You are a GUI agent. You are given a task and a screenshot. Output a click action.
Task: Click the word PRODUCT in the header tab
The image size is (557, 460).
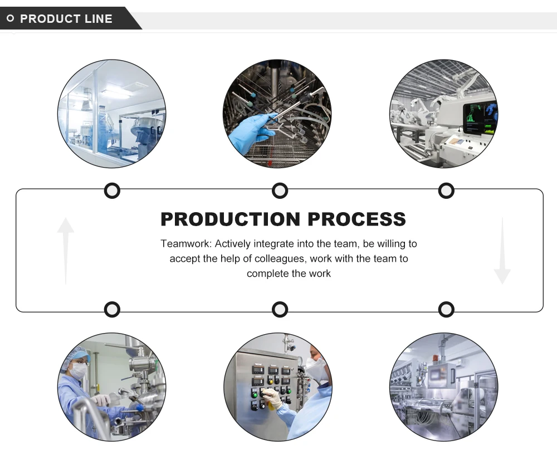pyautogui.click(x=51, y=19)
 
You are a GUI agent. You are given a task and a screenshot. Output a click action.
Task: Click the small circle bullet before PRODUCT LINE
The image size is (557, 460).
pyautogui.click(x=10, y=19)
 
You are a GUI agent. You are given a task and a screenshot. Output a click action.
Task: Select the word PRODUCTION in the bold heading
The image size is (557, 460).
pyautogui.click(x=230, y=219)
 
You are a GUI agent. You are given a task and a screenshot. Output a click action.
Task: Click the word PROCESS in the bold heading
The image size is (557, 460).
pyautogui.click(x=356, y=219)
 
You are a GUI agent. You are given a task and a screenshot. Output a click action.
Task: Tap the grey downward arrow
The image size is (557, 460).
pyautogui.click(x=502, y=251)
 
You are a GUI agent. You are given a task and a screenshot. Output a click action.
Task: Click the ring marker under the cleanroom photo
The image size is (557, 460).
pyautogui.click(x=112, y=191)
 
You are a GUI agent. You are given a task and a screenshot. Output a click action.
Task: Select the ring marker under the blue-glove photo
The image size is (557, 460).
pyautogui.click(x=280, y=191)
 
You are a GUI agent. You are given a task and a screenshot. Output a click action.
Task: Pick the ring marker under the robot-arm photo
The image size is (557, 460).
pyautogui.click(x=446, y=191)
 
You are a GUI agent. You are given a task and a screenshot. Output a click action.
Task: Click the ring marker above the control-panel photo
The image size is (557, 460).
pyautogui.click(x=280, y=309)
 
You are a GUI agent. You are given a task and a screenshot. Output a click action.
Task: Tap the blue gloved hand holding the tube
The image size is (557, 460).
pyautogui.click(x=248, y=133)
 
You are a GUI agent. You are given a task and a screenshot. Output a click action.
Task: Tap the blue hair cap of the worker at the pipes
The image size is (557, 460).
pyautogui.click(x=78, y=354)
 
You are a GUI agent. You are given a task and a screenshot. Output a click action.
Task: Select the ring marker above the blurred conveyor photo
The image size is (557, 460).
pyautogui.click(x=446, y=309)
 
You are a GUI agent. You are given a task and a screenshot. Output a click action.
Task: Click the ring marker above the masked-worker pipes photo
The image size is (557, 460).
pyautogui.click(x=112, y=309)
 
